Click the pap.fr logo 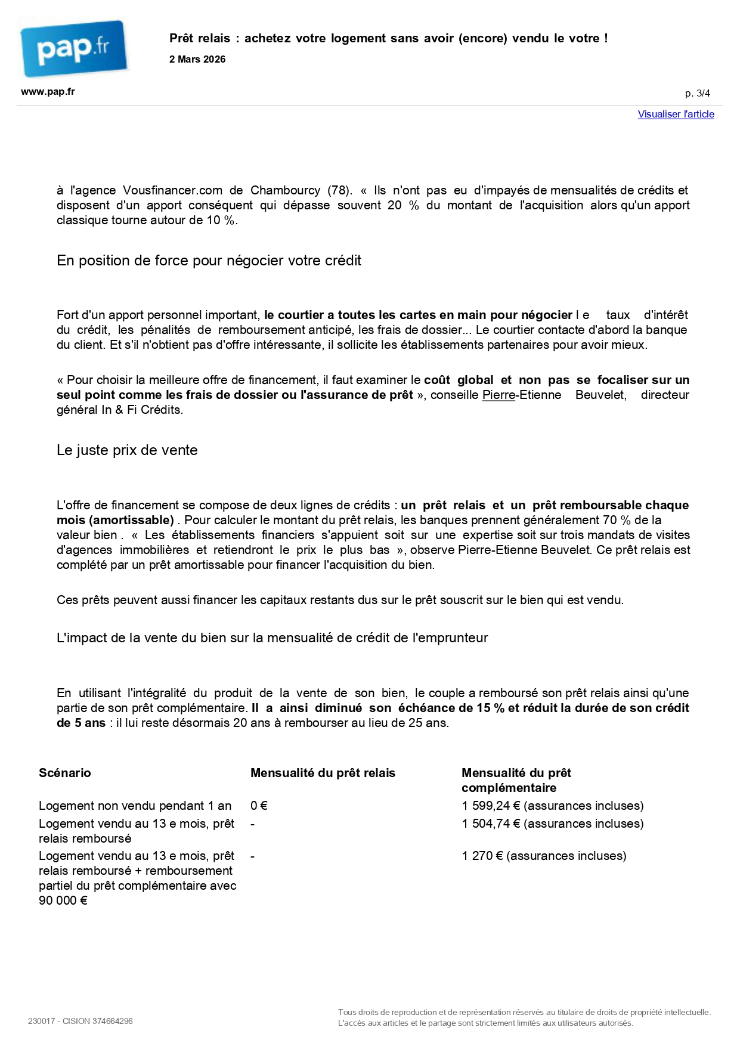pos(73,48)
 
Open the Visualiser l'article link pos(676,114)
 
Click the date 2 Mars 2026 pos(197,60)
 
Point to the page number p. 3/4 pos(697,94)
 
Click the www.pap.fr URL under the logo pos(48,92)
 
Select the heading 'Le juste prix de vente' pos(127,450)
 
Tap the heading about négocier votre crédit pos(209,261)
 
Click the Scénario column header pos(65,773)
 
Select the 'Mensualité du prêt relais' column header pos(323,773)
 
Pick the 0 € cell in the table pos(259,806)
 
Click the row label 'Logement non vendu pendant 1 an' pos(135,806)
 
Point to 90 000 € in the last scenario pos(63,900)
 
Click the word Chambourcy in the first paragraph pos(285,190)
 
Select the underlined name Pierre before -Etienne pos(499,395)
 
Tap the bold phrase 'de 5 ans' pos(81,723)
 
